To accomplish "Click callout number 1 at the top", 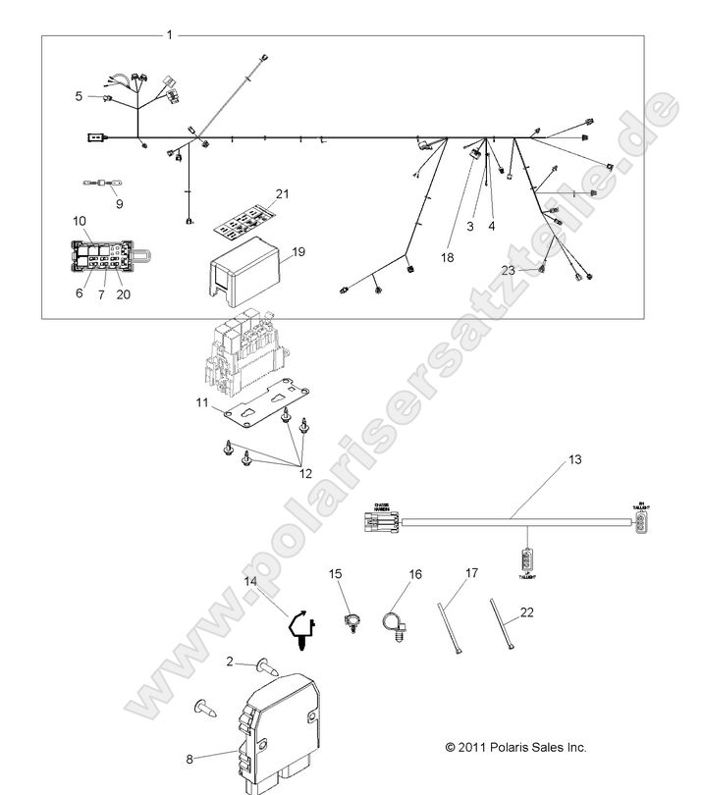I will pyautogui.click(x=169, y=34).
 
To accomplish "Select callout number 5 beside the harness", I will pyautogui.click(x=79, y=96).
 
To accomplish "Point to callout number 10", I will pyautogui.click(x=81, y=222).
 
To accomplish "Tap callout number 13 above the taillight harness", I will pyautogui.click(x=575, y=459).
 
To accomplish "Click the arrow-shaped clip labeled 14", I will pyautogui.click(x=300, y=629).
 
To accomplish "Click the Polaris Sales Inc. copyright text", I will pyautogui.click(x=515, y=747).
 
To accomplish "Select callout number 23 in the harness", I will pyautogui.click(x=535, y=271).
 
